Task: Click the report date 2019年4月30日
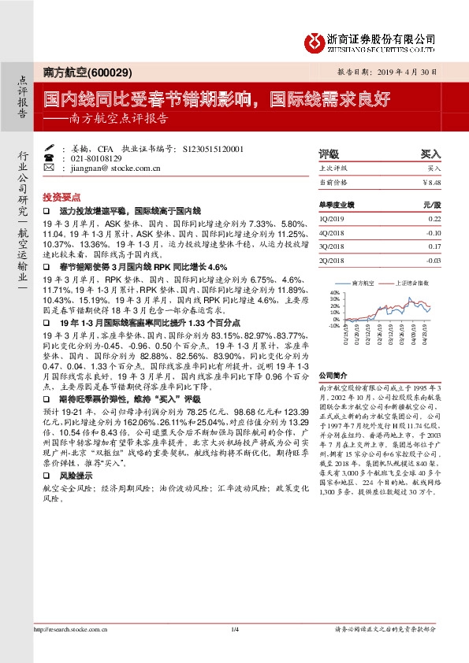411,71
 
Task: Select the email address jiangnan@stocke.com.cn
111,168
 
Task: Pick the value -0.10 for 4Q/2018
433,233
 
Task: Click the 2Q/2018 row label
332,261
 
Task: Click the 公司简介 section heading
333,376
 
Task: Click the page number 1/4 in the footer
234,628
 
